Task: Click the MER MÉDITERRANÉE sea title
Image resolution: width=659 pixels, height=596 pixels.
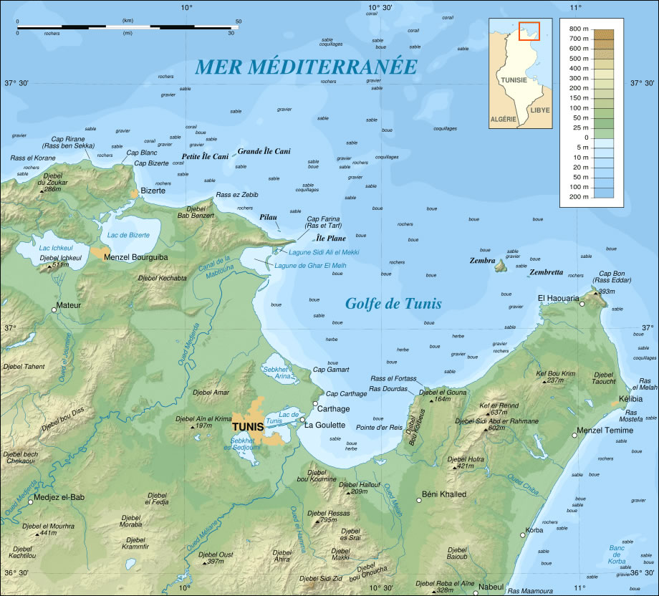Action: (306, 67)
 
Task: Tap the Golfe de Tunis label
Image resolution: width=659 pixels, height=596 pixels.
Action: (393, 303)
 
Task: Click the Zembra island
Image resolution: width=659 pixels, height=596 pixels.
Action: (501, 266)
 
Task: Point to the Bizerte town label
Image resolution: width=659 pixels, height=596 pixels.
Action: (153, 191)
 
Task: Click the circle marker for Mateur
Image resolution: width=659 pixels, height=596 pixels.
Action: (54, 309)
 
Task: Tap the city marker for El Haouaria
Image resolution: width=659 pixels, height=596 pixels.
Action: (582, 304)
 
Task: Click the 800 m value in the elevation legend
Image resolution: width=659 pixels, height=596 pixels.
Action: (579, 29)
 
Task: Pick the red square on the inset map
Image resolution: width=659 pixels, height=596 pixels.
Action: (529, 32)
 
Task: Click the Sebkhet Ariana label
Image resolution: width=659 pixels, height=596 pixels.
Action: (277, 371)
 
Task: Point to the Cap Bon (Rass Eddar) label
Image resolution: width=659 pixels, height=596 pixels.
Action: (613, 278)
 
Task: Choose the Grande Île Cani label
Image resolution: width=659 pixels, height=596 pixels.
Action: (264, 151)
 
